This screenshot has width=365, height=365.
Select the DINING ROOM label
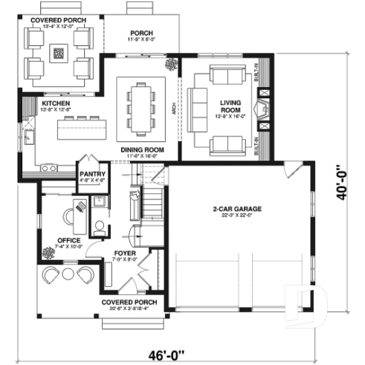click(143, 149)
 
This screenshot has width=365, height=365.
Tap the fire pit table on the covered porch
click(59, 53)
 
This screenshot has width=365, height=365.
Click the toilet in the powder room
click(99, 225)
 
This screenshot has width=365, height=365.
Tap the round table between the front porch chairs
click(68, 274)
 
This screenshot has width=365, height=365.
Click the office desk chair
click(65, 217)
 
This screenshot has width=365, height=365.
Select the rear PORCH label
click(141, 33)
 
